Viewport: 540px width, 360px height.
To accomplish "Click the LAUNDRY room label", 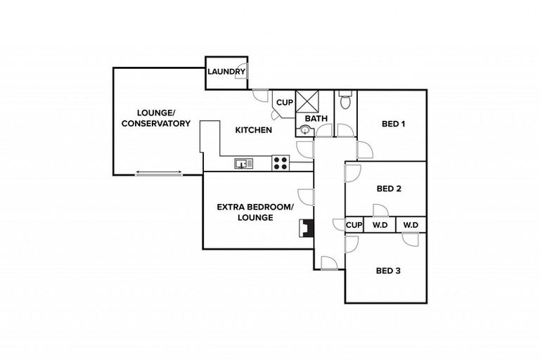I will click(225, 72).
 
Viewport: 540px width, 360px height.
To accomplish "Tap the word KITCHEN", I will click(253, 130).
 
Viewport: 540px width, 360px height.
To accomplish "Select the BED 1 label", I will click(393, 124).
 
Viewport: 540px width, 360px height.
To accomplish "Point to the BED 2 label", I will click(389, 188).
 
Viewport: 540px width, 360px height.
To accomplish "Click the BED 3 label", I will click(388, 271).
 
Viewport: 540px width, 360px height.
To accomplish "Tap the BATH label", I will click(316, 118).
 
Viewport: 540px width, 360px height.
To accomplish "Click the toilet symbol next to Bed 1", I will click(345, 103).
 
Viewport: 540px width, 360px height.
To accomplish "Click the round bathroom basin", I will click(305, 129).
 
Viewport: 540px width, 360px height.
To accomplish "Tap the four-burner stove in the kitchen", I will click(280, 163).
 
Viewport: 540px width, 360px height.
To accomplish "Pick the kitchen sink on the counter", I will click(244, 164).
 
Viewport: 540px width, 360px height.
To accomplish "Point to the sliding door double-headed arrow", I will click(159, 172).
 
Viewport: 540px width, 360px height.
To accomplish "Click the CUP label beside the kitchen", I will click(284, 103).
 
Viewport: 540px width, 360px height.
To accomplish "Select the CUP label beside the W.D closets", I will click(354, 225).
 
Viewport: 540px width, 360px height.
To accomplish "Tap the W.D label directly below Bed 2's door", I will click(380, 225).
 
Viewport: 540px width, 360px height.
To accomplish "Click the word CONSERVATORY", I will click(155, 124).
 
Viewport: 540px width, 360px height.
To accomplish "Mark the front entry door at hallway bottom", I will click(328, 264).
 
